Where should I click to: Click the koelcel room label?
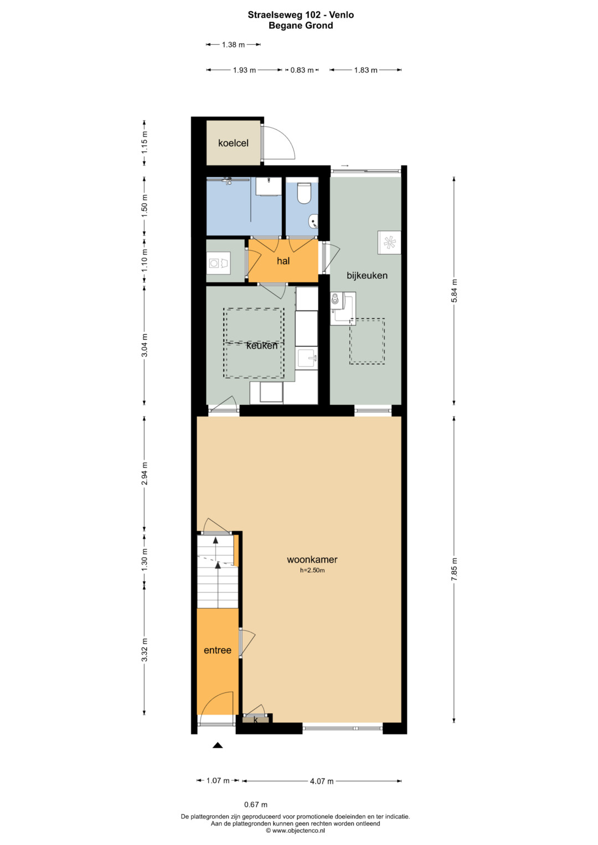tap(233, 143)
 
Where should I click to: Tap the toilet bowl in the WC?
tap(303, 193)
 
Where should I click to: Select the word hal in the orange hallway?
tap(283, 261)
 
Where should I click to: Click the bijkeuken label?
tap(367, 276)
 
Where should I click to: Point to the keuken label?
tap(261, 345)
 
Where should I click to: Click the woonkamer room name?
tap(312, 559)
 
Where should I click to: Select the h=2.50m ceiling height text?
tap(312, 571)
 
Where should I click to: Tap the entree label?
tap(218, 650)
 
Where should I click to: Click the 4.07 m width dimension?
tap(322, 781)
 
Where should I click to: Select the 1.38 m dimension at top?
tap(233, 44)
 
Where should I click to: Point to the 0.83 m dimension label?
tap(302, 70)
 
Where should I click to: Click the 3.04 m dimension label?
tap(145, 345)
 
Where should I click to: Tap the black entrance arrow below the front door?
tap(218, 745)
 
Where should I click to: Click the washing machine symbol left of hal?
tap(219, 262)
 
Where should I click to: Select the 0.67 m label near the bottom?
tap(256, 805)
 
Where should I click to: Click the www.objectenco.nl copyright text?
tap(295, 831)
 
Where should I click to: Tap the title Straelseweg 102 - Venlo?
tap(301, 15)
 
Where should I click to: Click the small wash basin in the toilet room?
tap(313, 222)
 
